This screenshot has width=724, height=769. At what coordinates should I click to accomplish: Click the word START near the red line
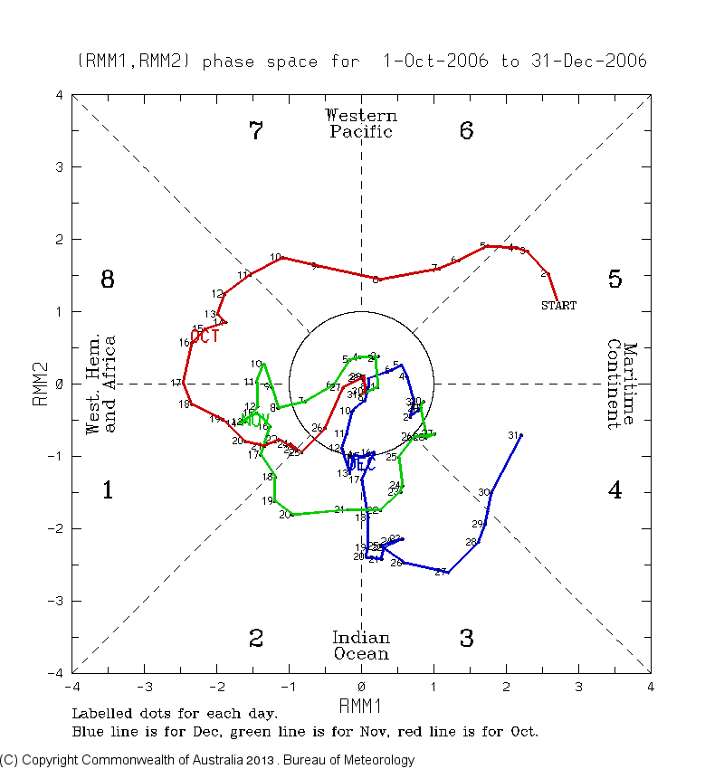pos(558,306)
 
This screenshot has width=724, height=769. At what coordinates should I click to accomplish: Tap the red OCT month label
pos(205,337)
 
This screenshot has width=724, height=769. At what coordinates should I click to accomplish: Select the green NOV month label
pos(255,420)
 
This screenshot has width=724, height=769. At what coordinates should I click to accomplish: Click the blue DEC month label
pos(359,463)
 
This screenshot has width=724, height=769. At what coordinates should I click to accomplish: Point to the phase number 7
pos(256,131)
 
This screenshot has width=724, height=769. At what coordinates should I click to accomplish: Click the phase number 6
pos(466,131)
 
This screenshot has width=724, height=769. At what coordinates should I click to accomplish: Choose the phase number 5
pos(614,280)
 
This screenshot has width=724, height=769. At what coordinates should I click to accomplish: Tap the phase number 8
pos(107,280)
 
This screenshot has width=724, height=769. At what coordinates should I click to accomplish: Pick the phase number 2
pos(256,639)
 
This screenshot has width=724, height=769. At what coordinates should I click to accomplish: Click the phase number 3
pos(466,639)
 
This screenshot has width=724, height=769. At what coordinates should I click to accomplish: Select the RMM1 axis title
pos(361,704)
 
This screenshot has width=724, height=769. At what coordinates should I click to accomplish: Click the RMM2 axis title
pos(41,384)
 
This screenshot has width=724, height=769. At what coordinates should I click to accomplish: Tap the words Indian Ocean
pos(361,646)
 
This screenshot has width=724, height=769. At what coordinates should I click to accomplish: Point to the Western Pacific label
pos(361,124)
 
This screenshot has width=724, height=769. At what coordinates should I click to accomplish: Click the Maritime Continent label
pos(622,384)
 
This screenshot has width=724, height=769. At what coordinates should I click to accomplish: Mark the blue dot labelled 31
pos(521,435)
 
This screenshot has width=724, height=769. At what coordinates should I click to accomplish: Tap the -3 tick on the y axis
pos(58,601)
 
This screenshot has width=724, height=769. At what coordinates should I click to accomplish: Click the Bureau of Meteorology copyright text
pos(207,760)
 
